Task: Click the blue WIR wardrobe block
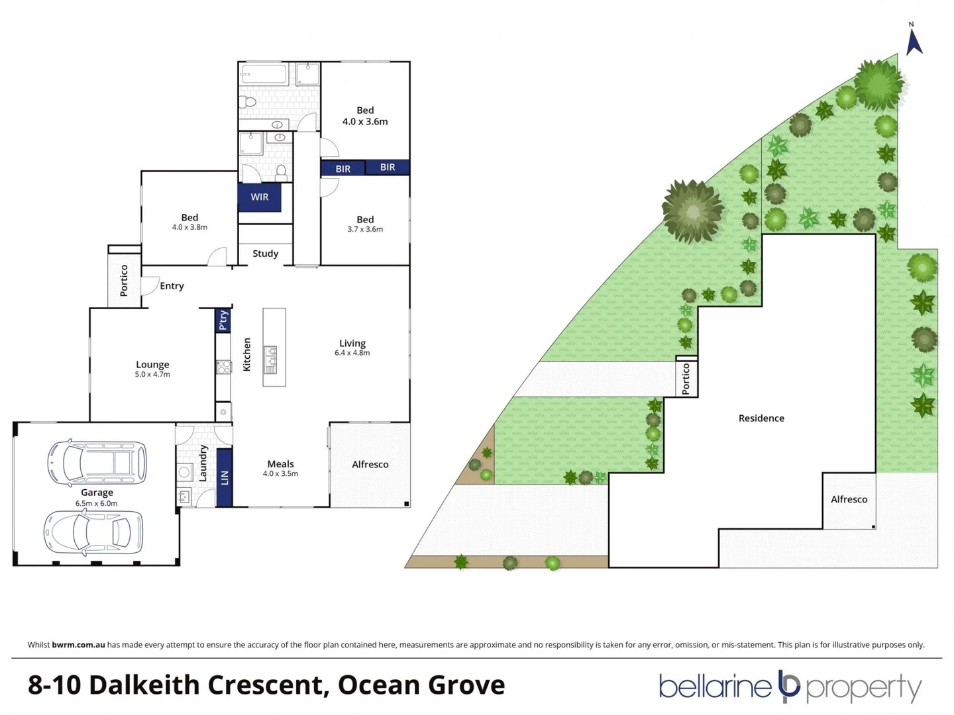(x=259, y=197)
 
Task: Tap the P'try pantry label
(x=223, y=320)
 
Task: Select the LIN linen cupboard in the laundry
(x=225, y=477)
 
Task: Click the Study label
(x=265, y=254)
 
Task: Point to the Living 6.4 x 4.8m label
(x=352, y=348)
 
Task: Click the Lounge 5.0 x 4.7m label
(x=152, y=369)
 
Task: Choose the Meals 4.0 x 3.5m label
(x=280, y=468)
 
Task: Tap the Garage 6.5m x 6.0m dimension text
(x=97, y=503)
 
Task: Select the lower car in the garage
(x=93, y=532)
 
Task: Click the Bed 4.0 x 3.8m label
(x=189, y=222)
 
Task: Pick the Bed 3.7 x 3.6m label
(x=365, y=224)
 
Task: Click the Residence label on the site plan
(x=761, y=418)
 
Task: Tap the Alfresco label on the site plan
(x=849, y=500)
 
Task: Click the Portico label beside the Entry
(x=124, y=280)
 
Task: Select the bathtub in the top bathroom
(x=264, y=74)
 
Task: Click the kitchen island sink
(x=271, y=356)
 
